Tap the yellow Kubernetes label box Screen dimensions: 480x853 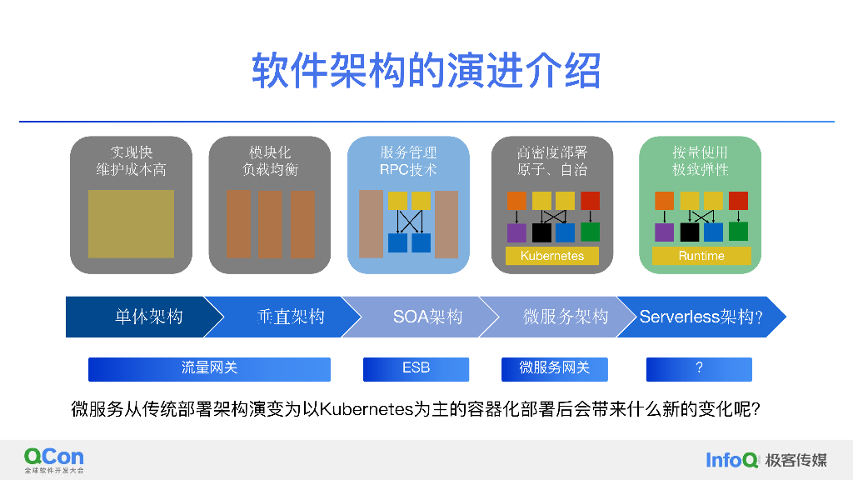point(551,256)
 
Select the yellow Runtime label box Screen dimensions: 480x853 point(701,256)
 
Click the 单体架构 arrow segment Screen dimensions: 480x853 point(137,317)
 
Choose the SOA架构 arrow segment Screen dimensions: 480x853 point(426,317)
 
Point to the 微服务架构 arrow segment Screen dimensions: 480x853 point(565,317)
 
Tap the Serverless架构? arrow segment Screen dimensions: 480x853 point(701,317)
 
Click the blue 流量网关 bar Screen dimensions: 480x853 point(209,368)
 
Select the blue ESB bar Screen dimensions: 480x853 point(416,368)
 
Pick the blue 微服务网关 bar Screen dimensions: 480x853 point(554,368)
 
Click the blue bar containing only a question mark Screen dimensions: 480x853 point(699,368)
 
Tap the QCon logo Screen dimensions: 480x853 point(54,457)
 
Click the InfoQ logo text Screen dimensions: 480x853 point(731,459)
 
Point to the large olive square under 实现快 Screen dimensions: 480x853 point(131,223)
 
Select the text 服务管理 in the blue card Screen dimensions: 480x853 point(408,152)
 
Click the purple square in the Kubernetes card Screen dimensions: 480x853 point(516,232)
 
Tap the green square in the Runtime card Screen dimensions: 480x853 point(738,232)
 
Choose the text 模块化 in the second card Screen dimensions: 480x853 point(269,152)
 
